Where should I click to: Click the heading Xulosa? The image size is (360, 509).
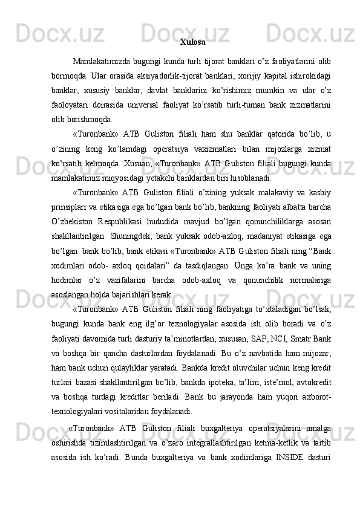pos(192,42)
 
